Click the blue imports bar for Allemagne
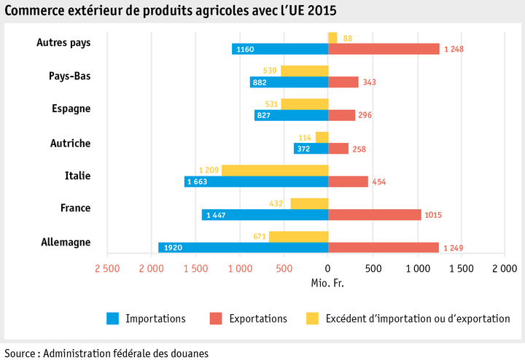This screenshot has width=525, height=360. (x=243, y=248)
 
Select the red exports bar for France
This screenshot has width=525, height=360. (x=375, y=215)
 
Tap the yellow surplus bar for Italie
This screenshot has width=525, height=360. (x=275, y=171)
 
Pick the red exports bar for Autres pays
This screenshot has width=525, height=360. (x=384, y=49)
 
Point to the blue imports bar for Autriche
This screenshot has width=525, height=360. (x=311, y=149)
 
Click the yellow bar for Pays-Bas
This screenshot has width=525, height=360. (x=304, y=71)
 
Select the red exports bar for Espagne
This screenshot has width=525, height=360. (x=341, y=115)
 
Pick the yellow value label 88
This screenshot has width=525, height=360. (x=348, y=38)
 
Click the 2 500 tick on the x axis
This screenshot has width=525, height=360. (x=106, y=269)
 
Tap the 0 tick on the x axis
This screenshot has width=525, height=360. (x=328, y=269)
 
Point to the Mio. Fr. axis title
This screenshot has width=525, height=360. (x=327, y=282)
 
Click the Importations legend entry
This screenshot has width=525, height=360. (x=155, y=318)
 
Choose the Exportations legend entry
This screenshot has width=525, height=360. (x=257, y=318)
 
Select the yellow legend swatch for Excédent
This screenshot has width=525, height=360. (x=313, y=318)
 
